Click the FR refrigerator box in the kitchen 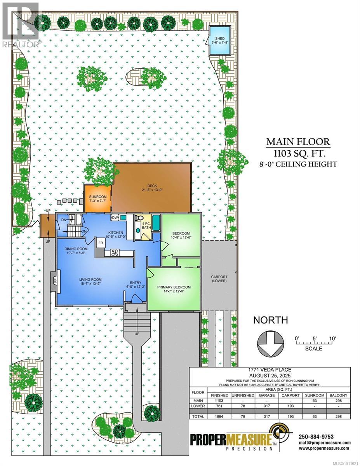pos(100,243)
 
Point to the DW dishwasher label pos(115,218)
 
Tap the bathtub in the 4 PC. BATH pos(156,223)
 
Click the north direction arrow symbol pos(270,343)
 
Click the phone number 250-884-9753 pos(317,437)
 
